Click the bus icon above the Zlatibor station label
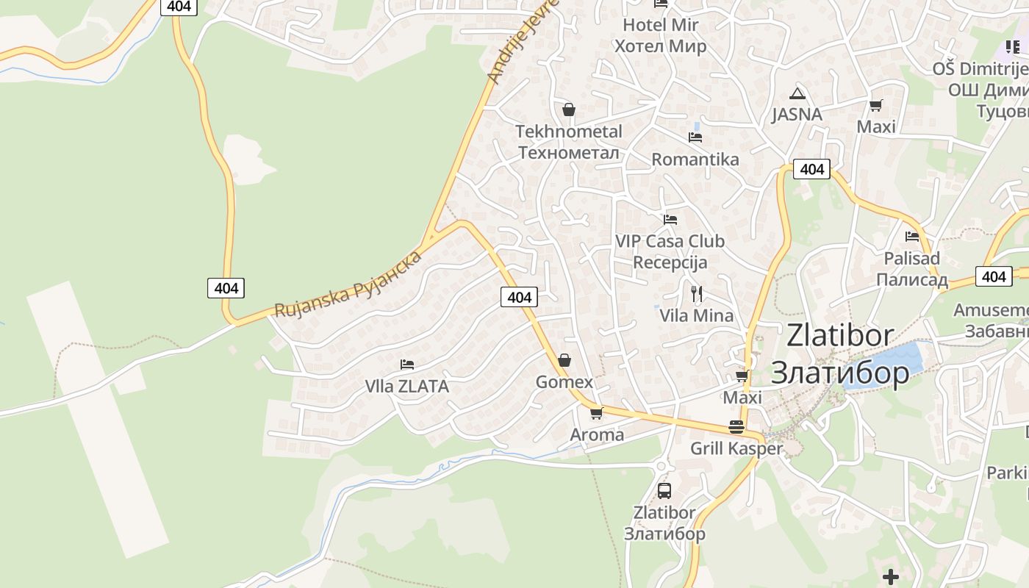coord(664,490)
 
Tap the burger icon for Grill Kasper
coord(736,426)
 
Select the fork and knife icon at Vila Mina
coord(697,294)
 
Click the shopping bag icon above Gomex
coord(564,360)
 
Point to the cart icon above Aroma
coord(596,413)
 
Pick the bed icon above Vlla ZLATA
coord(407,364)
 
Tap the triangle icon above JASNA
coord(797,93)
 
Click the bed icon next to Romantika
coord(695,137)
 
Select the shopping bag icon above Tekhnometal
coord(568,110)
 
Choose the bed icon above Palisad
coord(912,237)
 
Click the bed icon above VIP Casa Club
coord(670,219)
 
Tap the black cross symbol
coord(891,576)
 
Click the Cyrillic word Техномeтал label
coord(569,153)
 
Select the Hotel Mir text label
coord(660,25)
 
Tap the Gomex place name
coord(564,382)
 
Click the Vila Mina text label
coord(697,316)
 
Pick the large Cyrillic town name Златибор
coord(840,373)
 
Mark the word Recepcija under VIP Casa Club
coord(670,262)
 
